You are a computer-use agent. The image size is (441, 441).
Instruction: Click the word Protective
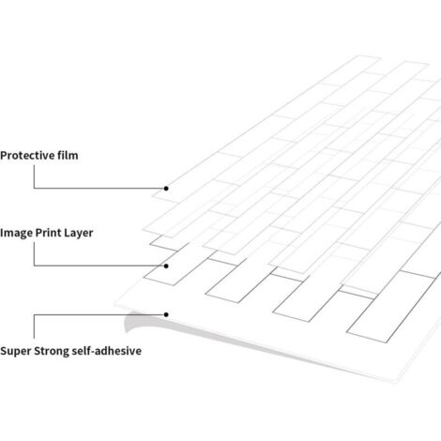coord(27,156)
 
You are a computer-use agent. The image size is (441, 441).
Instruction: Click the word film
coord(68,155)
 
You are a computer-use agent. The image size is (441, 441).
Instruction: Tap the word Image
coord(16,234)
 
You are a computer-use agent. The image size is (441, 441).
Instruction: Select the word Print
coord(49,233)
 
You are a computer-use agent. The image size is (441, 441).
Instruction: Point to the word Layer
coord(79,234)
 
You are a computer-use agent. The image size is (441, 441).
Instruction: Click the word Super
coord(16,351)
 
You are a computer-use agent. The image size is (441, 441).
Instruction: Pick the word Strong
coord(52,351)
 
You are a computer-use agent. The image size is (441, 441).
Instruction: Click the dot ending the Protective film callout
coord(166,189)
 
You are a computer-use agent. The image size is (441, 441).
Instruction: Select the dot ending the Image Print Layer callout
coord(166,266)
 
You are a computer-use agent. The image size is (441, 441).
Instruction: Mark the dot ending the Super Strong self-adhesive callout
coord(166,314)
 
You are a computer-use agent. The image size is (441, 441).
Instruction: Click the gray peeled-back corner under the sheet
coord(134,321)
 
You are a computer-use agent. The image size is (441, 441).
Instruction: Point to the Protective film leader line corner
coord(34,189)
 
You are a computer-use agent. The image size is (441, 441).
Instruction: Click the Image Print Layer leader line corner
coord(34,266)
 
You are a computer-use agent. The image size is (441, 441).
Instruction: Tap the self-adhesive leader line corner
coord(34,314)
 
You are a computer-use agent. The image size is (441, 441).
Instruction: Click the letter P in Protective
coord(4,156)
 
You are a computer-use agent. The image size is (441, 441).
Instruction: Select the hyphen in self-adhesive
coord(93,352)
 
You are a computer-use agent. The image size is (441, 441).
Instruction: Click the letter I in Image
coord(2,233)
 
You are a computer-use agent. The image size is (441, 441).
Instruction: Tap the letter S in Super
coord(4,351)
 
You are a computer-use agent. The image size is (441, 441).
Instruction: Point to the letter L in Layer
coord(68,233)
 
